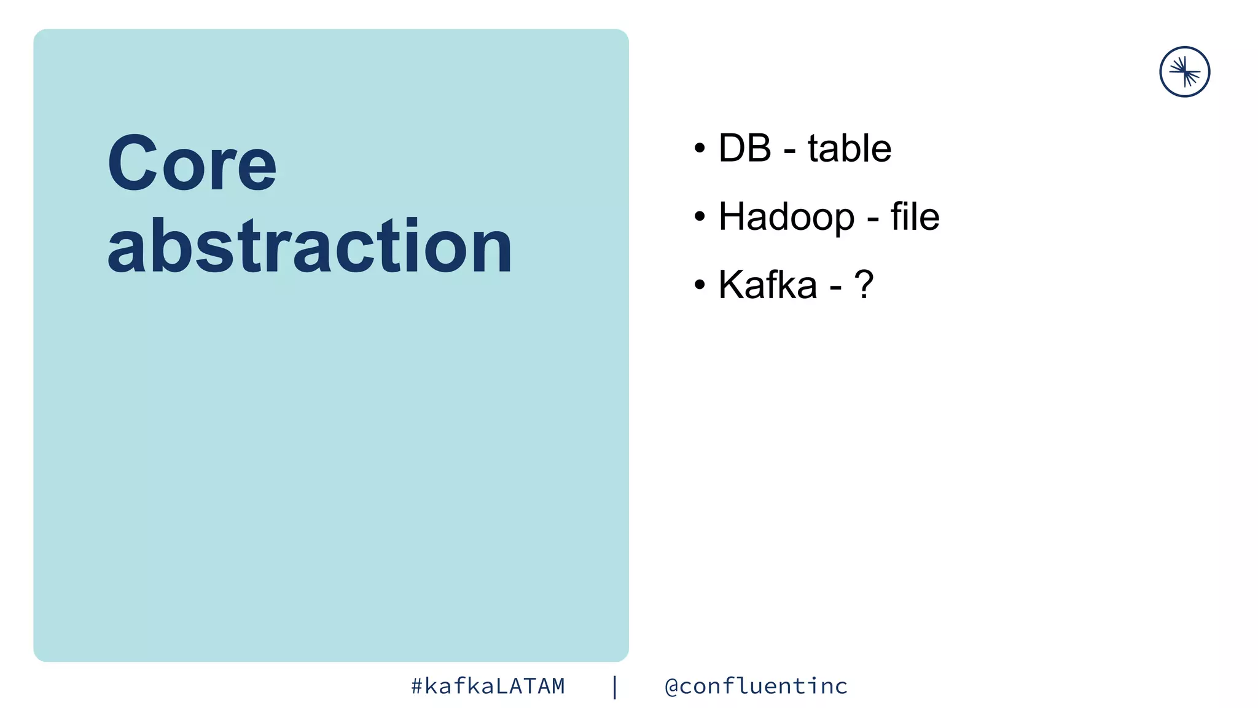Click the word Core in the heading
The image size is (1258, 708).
pyautogui.click(x=192, y=163)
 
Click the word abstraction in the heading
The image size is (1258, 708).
pyautogui.click(x=310, y=246)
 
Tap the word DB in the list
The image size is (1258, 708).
pyautogui.click(x=744, y=148)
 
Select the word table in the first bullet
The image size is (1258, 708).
pyautogui.click(x=850, y=148)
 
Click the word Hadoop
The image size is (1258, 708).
pyautogui.click(x=786, y=217)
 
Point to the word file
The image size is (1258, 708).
pyautogui.click(x=915, y=216)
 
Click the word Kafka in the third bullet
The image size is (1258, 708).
pyautogui.click(x=768, y=285)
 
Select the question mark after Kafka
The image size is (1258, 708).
pyautogui.click(x=864, y=285)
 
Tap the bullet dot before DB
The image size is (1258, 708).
pyautogui.click(x=700, y=148)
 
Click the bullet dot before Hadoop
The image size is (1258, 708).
pyautogui.click(x=700, y=216)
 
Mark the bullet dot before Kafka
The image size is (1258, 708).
pyautogui.click(x=700, y=285)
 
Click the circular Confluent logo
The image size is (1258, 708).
pyautogui.click(x=1184, y=72)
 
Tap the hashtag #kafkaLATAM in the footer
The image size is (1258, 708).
pyautogui.click(x=488, y=686)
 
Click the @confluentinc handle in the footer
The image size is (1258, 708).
pyautogui.click(x=756, y=686)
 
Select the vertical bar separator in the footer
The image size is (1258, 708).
pyautogui.click(x=615, y=686)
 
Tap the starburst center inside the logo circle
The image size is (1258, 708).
pyautogui.click(x=1185, y=72)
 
